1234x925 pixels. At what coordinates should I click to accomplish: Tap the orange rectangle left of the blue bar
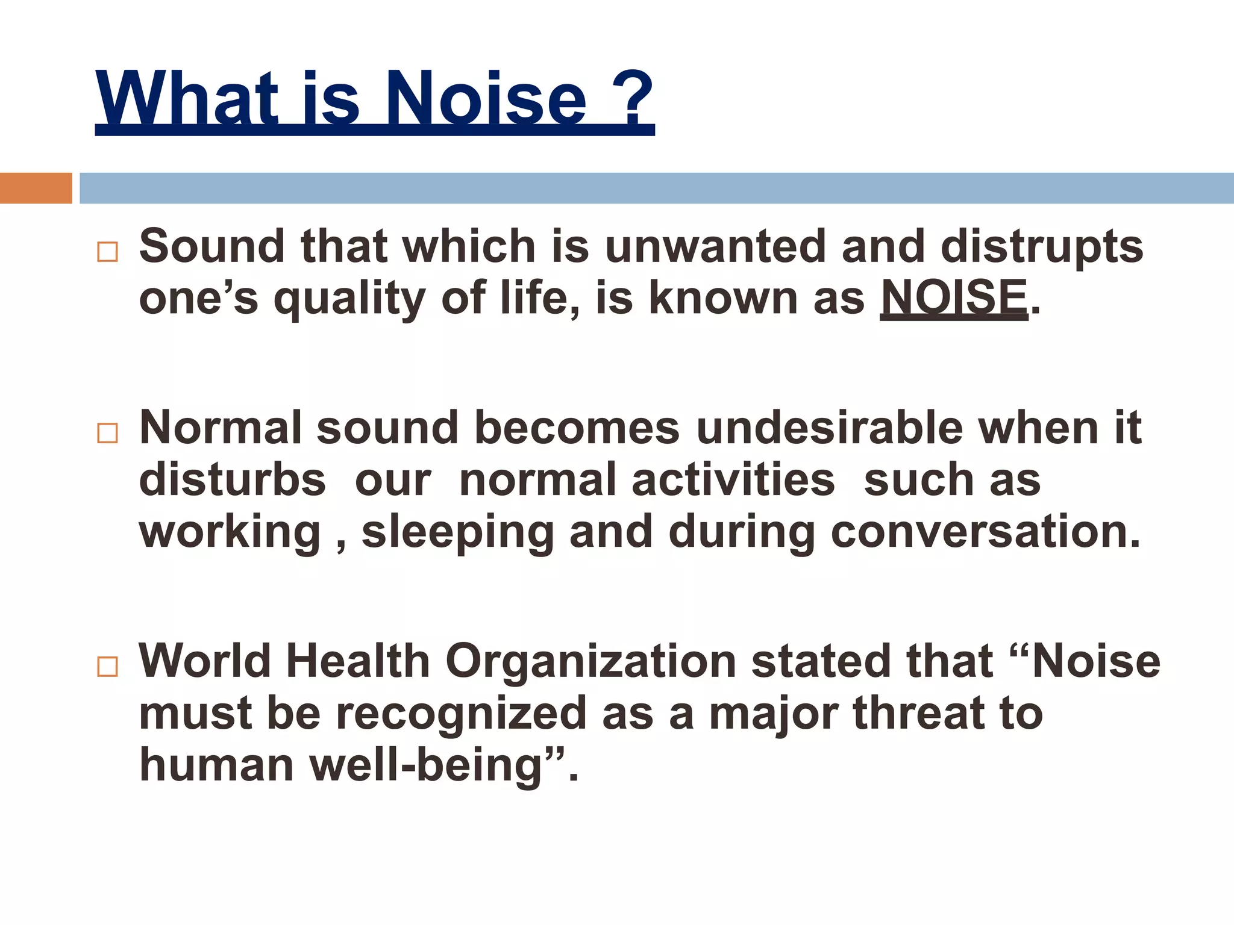tap(36, 188)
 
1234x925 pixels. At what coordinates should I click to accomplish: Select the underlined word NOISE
tap(954, 297)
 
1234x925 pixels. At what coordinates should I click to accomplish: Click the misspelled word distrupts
tap(1042, 247)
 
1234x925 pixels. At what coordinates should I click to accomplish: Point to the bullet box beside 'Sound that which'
tap(107, 252)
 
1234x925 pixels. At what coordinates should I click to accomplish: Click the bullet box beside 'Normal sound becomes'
tap(107, 433)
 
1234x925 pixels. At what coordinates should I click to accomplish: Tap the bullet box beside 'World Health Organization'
tap(107, 667)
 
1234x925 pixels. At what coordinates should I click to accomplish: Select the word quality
tap(349, 299)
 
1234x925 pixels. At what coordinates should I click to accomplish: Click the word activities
tap(733, 480)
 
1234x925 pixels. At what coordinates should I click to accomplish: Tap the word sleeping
tap(457, 532)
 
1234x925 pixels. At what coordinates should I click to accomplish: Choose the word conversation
tap(986, 532)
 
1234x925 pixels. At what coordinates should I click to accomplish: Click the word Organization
tap(590, 661)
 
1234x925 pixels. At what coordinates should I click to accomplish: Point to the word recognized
tap(461, 714)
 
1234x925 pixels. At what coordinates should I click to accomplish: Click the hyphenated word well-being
tap(427, 765)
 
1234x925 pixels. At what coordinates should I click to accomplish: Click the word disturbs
tap(232, 480)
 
